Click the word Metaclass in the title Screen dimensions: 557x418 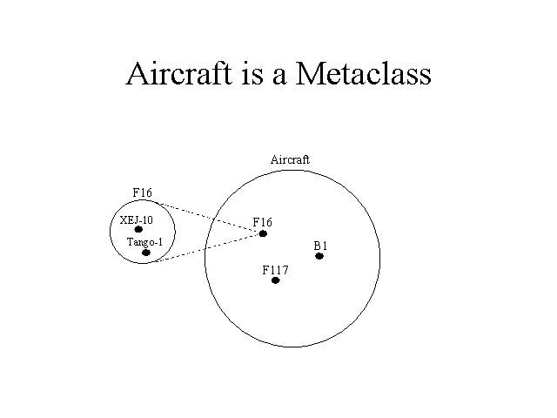tap(364, 73)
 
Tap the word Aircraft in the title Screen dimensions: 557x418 tap(179, 73)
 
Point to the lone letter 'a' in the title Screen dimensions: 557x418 tap(279, 77)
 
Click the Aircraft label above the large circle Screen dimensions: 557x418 tap(290, 159)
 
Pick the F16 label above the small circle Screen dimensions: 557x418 tap(142, 192)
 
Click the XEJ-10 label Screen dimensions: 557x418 tap(137, 220)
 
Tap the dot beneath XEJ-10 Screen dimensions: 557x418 tap(138, 229)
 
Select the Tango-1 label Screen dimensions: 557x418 tap(144, 242)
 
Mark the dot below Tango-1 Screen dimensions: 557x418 tap(146, 253)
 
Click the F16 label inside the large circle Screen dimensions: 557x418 tap(263, 222)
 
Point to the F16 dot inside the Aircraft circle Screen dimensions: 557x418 tap(263, 233)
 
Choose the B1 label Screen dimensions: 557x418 tap(320, 246)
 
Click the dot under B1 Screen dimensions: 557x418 tap(319, 256)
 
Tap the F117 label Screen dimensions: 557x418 tap(275, 270)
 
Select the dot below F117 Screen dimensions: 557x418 tap(275, 280)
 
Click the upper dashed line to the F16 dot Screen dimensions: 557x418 tap(210, 217)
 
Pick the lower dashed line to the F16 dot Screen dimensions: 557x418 tap(209, 247)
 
